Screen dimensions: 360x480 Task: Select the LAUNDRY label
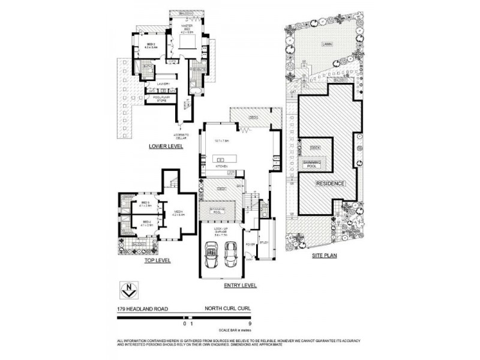(x=164, y=83)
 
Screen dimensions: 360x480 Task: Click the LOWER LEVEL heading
(x=166, y=146)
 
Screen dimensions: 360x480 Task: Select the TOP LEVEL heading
(x=157, y=260)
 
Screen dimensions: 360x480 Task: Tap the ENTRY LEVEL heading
(x=240, y=286)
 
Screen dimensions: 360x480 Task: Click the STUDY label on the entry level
(x=263, y=243)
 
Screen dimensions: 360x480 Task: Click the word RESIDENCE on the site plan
(x=331, y=183)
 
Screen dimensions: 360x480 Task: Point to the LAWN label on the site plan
(x=326, y=44)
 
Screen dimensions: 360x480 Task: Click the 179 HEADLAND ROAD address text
(x=143, y=310)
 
